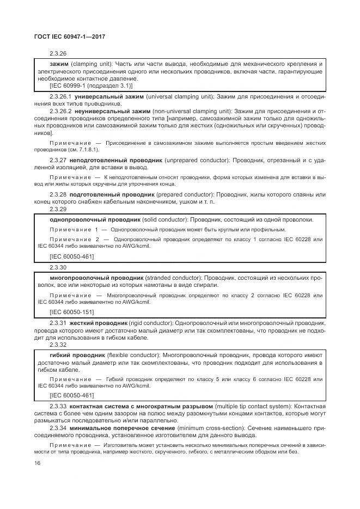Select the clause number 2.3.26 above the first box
58,54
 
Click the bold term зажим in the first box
59,64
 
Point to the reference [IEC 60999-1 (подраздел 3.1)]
91,85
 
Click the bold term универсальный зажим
102,96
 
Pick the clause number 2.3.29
58,209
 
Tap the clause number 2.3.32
58,345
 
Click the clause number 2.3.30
58,267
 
